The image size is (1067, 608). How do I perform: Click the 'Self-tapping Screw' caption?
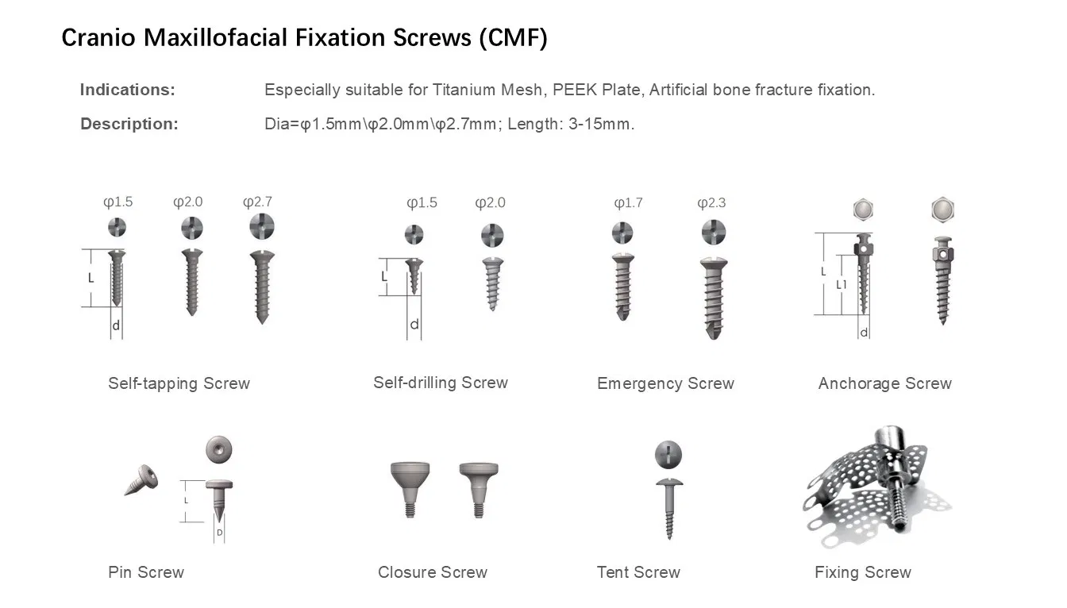[x=179, y=383]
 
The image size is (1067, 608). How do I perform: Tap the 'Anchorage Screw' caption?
[x=884, y=383]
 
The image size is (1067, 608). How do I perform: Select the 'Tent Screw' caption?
[x=638, y=572]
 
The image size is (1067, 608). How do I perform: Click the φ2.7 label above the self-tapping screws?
[x=258, y=202]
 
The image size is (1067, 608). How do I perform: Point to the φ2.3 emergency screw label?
[x=711, y=202]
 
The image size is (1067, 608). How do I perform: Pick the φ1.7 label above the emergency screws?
[x=629, y=202]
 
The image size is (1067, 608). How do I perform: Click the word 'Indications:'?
[x=128, y=90]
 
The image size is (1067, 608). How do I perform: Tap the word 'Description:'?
[x=129, y=124]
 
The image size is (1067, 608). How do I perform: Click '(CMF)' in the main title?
[x=513, y=38]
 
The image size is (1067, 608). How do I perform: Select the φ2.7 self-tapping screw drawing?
[x=261, y=286]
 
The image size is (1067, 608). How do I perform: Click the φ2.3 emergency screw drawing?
[x=713, y=298]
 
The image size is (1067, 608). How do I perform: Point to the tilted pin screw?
[x=142, y=480]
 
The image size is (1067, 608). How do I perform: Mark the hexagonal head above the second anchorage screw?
[x=942, y=210]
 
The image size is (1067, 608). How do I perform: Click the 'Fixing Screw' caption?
[x=862, y=572]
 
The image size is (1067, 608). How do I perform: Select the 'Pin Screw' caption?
[x=146, y=572]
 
